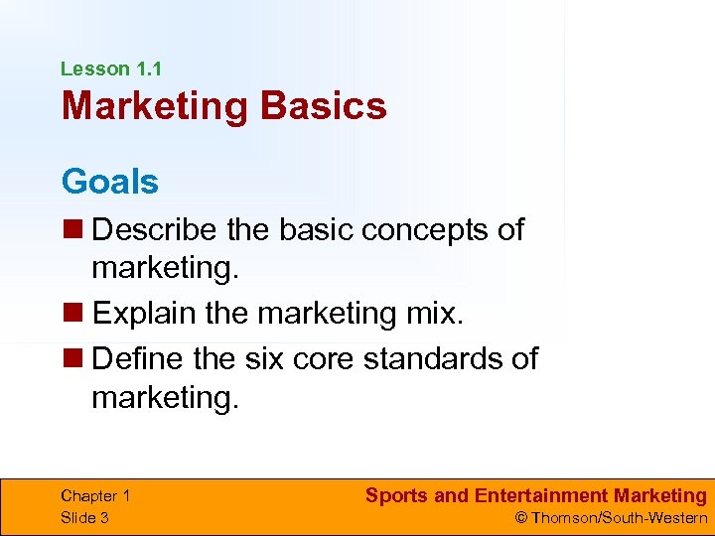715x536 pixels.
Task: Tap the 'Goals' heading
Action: click(109, 182)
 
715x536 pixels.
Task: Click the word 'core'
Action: click(327, 356)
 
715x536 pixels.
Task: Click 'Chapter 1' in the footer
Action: click(95, 496)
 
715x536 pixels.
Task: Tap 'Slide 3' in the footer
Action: click(84, 517)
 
